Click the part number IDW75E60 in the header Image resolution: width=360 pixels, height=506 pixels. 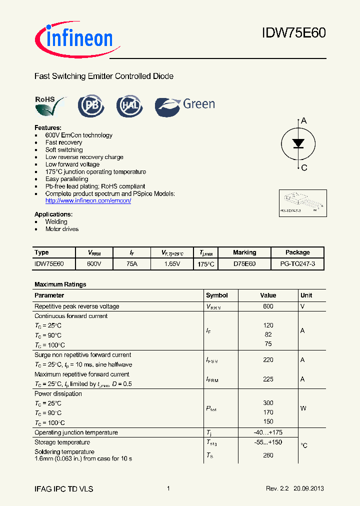point(293,33)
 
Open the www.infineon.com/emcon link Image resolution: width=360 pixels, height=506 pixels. point(88,200)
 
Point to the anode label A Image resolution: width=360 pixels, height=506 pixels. point(303,121)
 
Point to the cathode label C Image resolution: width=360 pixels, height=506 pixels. point(304,167)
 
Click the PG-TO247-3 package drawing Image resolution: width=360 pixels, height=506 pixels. point(302,203)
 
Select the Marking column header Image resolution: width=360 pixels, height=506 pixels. point(244,252)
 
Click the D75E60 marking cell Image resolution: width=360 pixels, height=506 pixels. point(244,263)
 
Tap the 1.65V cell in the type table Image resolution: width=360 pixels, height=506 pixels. point(172,263)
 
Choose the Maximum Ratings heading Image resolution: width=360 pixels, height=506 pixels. point(60,284)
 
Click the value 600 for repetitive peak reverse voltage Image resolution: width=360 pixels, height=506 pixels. point(268,306)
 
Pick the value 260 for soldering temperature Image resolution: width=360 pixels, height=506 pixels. point(268,455)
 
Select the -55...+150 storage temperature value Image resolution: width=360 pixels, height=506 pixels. point(268,442)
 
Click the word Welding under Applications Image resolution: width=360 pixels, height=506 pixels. point(56,221)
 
